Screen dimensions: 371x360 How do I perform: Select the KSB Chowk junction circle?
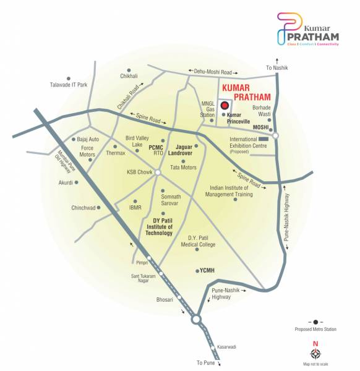[x=158, y=173]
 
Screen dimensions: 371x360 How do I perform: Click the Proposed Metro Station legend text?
[x=315, y=330]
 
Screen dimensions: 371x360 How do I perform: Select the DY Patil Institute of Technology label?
[x=159, y=226]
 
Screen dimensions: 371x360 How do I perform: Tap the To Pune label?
[x=205, y=362]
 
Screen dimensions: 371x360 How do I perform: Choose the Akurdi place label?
[x=65, y=182]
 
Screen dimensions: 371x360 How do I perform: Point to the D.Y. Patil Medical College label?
[x=202, y=241]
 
